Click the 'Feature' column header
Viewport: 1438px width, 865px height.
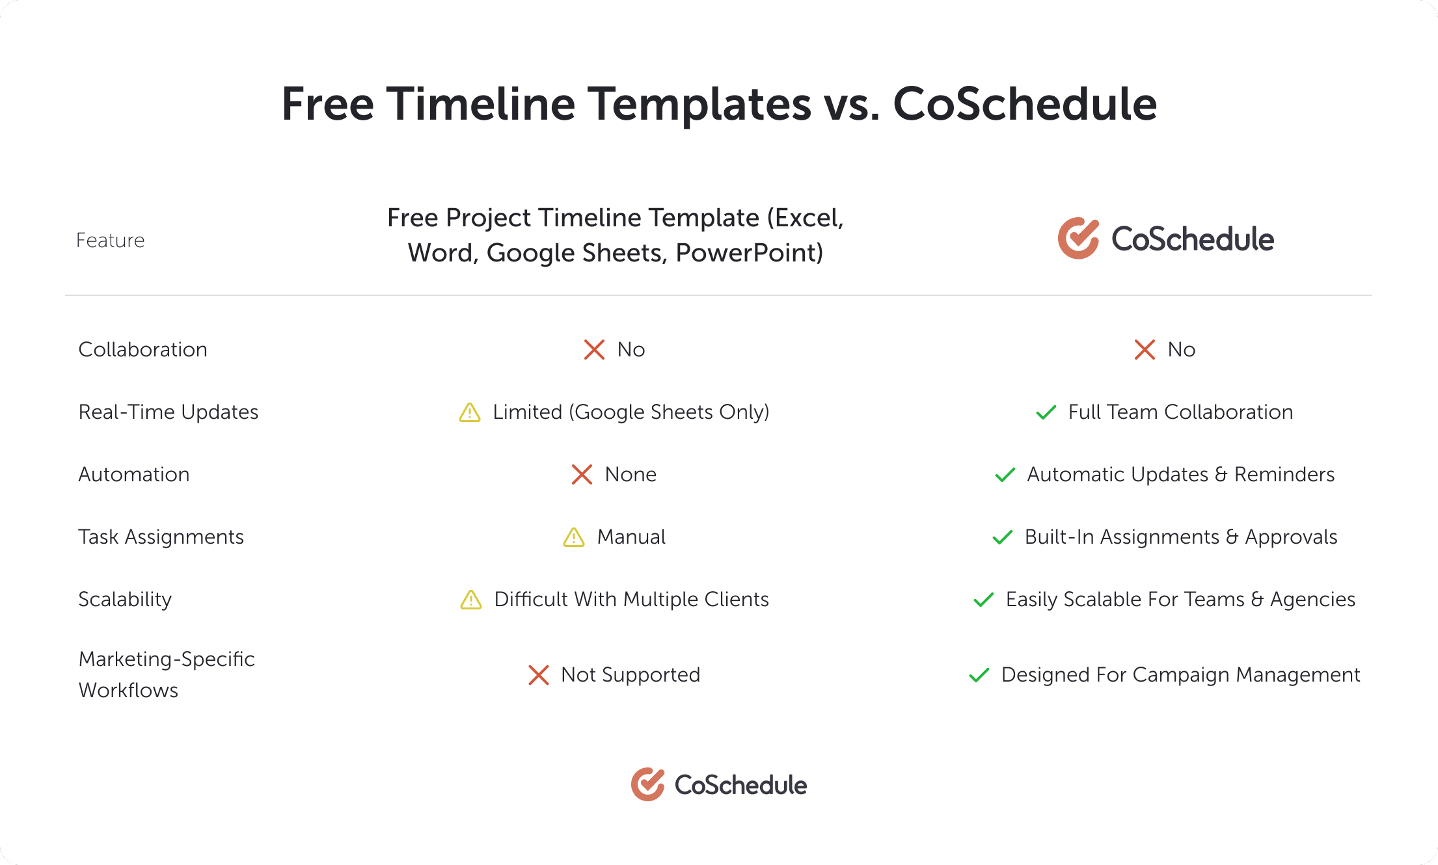pyautogui.click(x=110, y=241)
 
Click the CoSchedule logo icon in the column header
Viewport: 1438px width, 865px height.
pyautogui.click(x=1078, y=238)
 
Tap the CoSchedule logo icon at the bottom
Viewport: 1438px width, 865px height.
pyautogui.click(x=647, y=784)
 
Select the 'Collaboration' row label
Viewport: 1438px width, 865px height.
pyautogui.click(x=142, y=350)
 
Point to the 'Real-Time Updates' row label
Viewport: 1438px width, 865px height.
pyautogui.click(x=168, y=412)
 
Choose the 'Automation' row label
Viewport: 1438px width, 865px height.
pyautogui.click(x=134, y=475)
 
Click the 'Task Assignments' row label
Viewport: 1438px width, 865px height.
pyautogui.click(x=161, y=537)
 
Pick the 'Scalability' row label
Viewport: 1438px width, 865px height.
pyautogui.click(x=125, y=600)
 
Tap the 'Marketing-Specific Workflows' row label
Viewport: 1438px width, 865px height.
pyautogui.click(x=167, y=674)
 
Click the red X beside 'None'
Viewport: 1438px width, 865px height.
pyautogui.click(x=582, y=475)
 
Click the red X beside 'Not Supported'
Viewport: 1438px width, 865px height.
pyautogui.click(x=539, y=675)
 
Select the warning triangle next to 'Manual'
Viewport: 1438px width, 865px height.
pyautogui.click(x=574, y=537)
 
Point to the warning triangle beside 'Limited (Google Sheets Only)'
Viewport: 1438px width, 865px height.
pyautogui.click(x=470, y=412)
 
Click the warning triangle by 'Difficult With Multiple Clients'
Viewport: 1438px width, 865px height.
pyautogui.click(x=471, y=600)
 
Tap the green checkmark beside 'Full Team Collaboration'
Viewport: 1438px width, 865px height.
pyautogui.click(x=1046, y=412)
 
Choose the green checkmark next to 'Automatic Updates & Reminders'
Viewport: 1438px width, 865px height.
pyautogui.click(x=1005, y=475)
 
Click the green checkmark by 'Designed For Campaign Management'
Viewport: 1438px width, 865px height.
pyautogui.click(x=979, y=675)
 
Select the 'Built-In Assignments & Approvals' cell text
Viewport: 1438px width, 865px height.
pyautogui.click(x=1181, y=537)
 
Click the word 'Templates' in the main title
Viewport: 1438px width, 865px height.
pyautogui.click(x=599, y=104)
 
